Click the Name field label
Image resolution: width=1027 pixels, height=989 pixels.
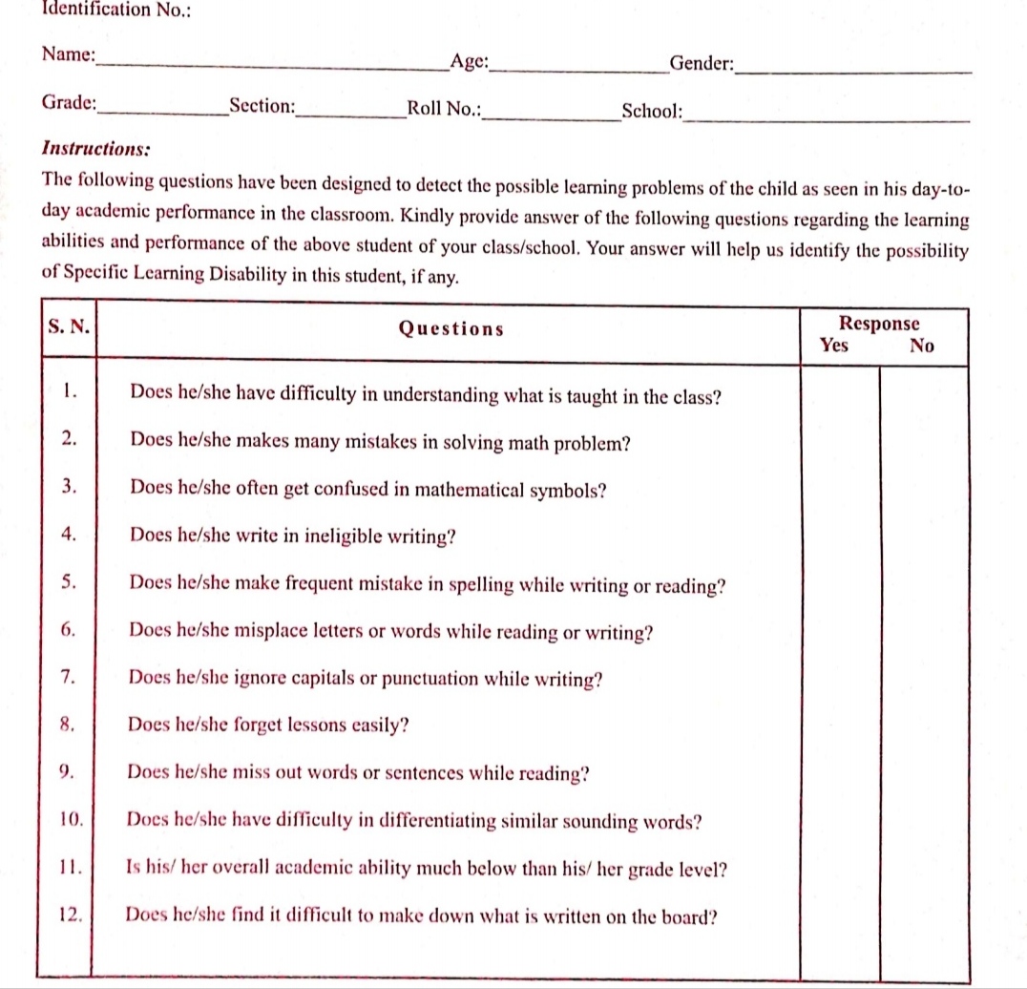click(x=69, y=54)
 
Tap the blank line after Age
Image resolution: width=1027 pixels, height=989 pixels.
click(x=579, y=69)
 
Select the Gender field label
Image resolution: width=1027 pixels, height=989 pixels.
click(x=702, y=64)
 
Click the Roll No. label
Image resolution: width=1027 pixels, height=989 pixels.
click(x=444, y=108)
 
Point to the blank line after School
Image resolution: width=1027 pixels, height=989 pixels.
click(x=826, y=117)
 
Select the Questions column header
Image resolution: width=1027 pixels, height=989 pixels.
click(x=451, y=329)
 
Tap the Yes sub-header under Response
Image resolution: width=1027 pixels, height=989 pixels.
click(x=834, y=346)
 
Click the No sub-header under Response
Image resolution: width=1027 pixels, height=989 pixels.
click(x=921, y=346)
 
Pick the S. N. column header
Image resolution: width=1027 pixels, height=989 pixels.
click(x=68, y=326)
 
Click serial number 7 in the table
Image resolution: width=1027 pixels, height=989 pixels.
click(x=68, y=678)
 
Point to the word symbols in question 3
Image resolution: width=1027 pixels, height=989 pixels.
click(x=567, y=490)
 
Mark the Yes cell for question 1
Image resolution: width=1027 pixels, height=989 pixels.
click(x=839, y=394)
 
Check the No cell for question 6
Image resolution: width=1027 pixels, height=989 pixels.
click(x=923, y=632)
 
